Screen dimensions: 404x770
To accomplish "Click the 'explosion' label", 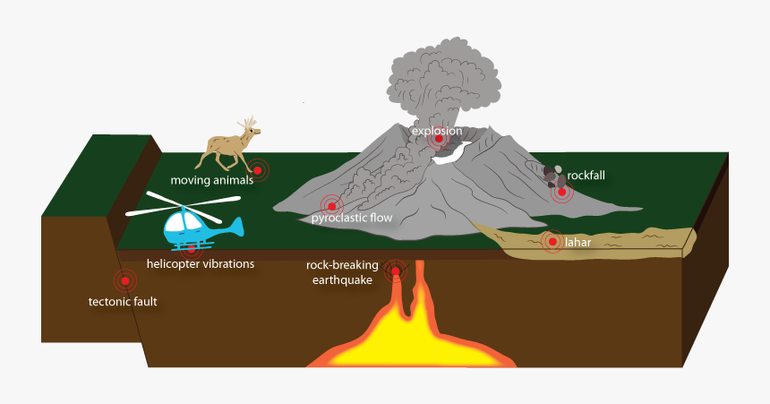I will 437,131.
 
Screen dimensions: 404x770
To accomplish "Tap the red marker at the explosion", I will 438,139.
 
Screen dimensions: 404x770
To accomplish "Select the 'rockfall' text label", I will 586,175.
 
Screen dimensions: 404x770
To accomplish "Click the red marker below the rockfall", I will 562,192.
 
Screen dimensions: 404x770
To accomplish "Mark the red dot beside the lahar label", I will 551,242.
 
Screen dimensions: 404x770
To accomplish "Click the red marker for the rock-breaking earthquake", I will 395,270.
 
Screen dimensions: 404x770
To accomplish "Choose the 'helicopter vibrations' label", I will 201,264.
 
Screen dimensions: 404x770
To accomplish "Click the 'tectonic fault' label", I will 123,302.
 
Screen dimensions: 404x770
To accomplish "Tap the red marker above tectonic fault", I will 125,281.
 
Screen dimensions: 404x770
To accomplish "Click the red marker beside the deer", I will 257,169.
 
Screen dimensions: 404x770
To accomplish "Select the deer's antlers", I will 249,123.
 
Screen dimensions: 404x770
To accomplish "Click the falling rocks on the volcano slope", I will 554,176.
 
